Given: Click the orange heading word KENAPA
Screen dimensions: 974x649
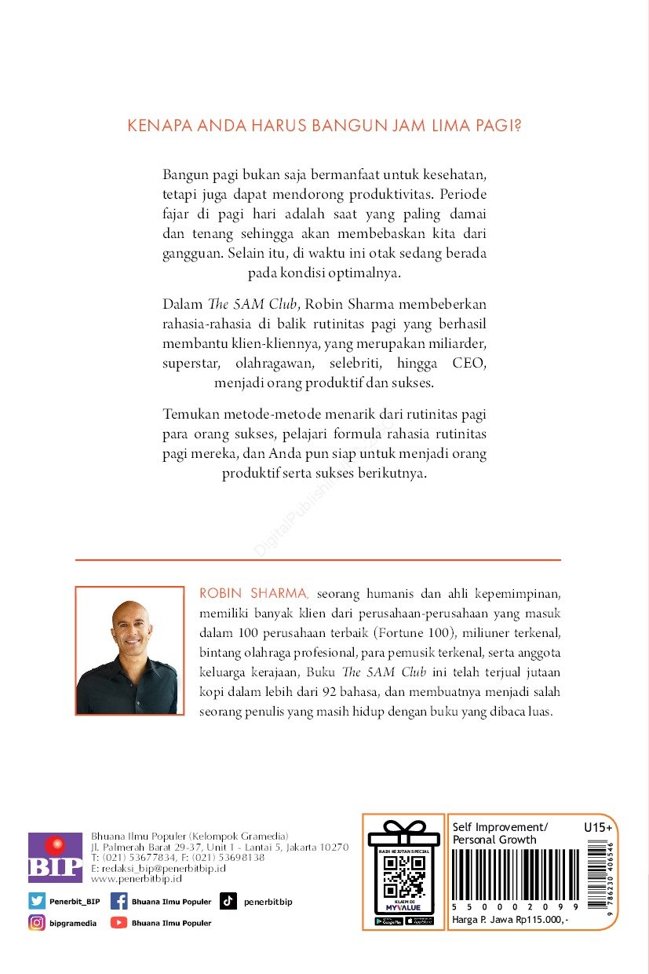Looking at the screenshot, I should point(155,126).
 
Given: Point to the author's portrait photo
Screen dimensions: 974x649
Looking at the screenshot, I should point(129,650).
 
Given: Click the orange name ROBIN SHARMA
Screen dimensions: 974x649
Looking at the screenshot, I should point(245,591).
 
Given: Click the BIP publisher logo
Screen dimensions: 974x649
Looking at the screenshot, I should point(55,858).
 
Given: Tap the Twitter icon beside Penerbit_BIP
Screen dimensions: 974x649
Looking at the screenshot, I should point(37,901).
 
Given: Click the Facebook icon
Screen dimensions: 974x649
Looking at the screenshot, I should point(119,901).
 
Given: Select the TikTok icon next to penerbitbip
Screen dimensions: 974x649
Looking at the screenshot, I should point(228,901).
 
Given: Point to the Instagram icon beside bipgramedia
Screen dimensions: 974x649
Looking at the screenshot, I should point(37,923).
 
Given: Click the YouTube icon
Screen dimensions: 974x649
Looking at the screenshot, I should point(119,923).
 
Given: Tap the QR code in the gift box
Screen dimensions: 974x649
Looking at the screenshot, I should point(403,874).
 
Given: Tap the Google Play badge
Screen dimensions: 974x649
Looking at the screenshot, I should point(389,921).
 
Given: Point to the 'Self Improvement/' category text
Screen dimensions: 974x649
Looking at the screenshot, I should point(500,827).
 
